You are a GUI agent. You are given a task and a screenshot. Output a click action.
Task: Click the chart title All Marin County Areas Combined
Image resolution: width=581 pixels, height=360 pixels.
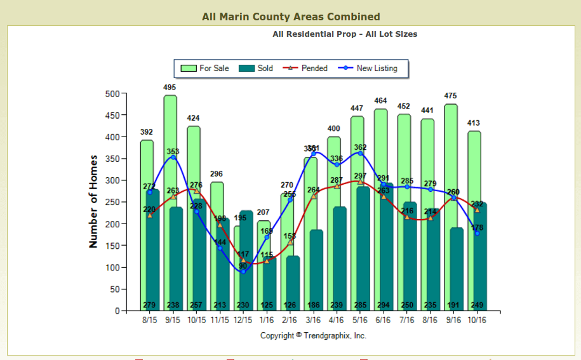pos(291,17)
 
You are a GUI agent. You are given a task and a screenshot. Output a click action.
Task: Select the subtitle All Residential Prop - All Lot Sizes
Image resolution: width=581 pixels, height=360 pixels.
pos(345,34)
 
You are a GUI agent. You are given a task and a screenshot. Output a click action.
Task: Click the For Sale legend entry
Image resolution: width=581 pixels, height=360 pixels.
pos(206,68)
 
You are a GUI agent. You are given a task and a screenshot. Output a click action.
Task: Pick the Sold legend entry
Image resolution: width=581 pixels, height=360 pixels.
pos(257,68)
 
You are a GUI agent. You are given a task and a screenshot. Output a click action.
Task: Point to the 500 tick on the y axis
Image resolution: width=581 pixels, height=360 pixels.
pos(112,94)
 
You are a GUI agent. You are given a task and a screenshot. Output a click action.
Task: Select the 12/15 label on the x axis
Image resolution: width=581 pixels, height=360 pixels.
pos(243,321)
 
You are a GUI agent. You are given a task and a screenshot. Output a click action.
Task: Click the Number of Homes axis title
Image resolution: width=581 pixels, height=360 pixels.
pos(93,201)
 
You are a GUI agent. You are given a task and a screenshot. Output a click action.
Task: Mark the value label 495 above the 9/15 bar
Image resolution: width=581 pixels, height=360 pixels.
pos(170,87)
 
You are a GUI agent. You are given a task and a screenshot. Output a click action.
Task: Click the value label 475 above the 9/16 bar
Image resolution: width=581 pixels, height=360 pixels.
pos(451,96)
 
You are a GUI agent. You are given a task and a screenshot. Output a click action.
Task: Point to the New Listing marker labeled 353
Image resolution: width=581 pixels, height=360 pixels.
pos(173,157)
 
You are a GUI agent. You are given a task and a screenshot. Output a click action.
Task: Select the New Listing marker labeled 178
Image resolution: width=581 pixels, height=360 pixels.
pos(477,234)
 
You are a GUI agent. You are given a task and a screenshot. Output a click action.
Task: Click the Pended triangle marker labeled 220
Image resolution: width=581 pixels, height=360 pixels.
pos(149,215)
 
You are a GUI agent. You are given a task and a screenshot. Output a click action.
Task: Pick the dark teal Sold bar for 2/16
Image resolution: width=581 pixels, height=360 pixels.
pos(293,279)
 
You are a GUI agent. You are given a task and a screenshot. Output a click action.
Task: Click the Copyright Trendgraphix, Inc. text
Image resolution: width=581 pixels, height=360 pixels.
pos(313,335)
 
